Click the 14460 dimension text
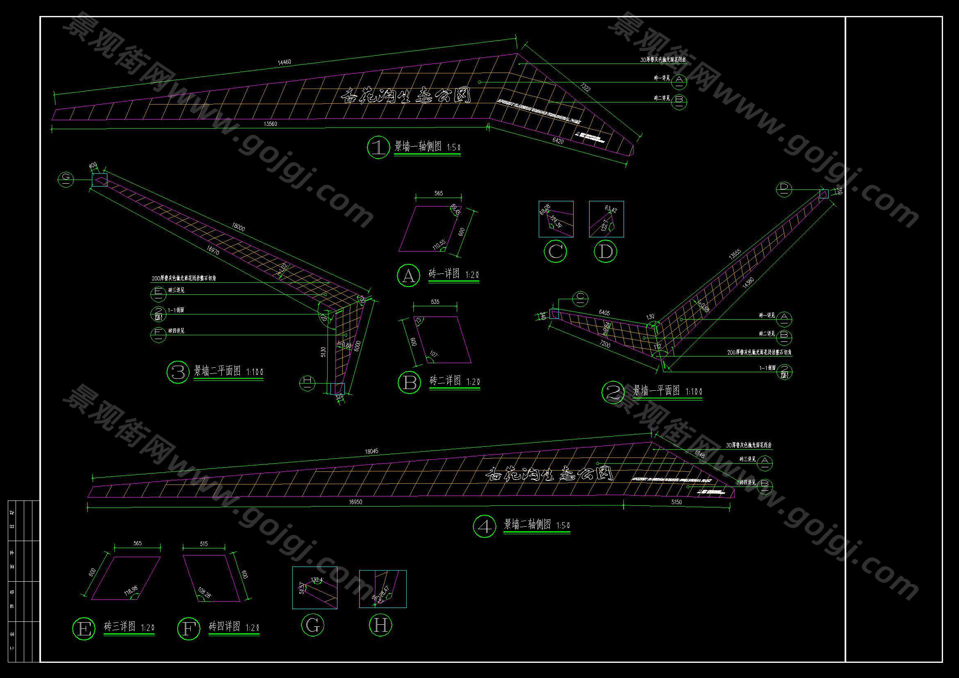(x=285, y=62)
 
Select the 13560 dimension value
(x=270, y=124)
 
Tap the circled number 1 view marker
(x=378, y=148)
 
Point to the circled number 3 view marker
(x=178, y=372)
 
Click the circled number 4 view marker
(x=485, y=526)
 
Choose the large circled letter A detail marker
(x=408, y=275)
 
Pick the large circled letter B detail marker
(x=409, y=382)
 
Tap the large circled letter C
(x=556, y=251)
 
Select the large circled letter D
(x=605, y=251)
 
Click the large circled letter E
(x=84, y=628)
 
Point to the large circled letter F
(x=189, y=628)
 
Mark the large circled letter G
(x=312, y=625)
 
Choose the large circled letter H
(x=380, y=625)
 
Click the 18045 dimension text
(x=371, y=451)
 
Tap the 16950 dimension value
(x=355, y=502)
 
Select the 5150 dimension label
(x=676, y=502)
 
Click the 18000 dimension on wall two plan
(x=238, y=228)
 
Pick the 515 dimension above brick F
(x=204, y=544)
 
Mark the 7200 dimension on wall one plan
(x=605, y=345)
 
